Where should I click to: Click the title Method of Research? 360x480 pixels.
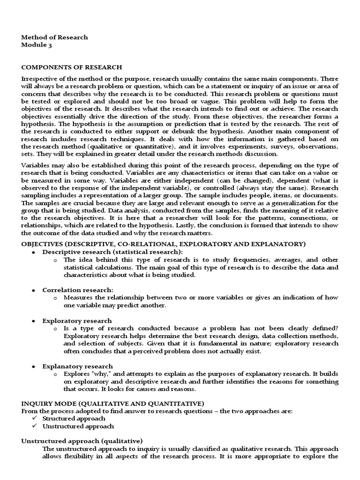pyautogui.click(x=54, y=37)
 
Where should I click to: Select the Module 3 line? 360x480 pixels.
pyautogui.click(x=38, y=45)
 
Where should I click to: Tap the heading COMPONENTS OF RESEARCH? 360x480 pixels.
pyautogui.click(x=72, y=67)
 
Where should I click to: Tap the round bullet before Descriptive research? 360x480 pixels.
pyautogui.click(x=34, y=252)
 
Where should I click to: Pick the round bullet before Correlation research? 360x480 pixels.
pyautogui.click(x=34, y=290)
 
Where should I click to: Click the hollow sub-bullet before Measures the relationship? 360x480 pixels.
pyautogui.click(x=55, y=298)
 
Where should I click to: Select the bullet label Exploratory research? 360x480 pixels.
pyautogui.click(x=77, y=321)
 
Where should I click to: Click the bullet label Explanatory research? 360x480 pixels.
pyautogui.click(x=77, y=366)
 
